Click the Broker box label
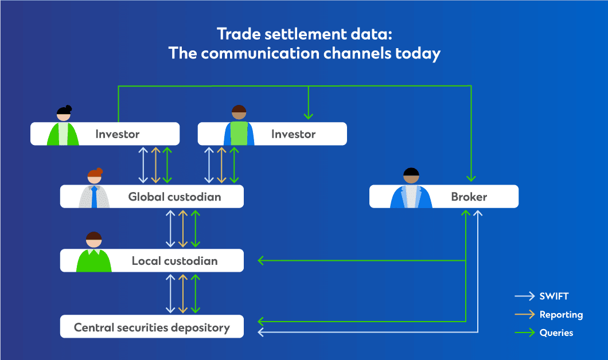(x=469, y=197)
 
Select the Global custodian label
(x=174, y=197)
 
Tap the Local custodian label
(x=174, y=261)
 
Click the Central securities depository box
(x=152, y=326)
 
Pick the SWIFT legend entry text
(x=554, y=296)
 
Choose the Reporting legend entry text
(x=561, y=315)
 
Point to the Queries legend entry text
(x=556, y=332)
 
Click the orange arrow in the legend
(x=525, y=314)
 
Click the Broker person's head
(x=411, y=175)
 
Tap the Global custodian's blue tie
(x=94, y=197)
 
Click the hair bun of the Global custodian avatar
(x=99, y=170)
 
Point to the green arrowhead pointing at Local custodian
(x=261, y=260)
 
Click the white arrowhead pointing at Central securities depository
(x=261, y=332)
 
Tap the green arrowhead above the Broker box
(x=471, y=179)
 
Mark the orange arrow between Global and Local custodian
(x=183, y=229)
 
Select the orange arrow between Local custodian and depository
(x=183, y=294)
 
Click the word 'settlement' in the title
(x=306, y=34)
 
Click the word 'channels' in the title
(x=357, y=53)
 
